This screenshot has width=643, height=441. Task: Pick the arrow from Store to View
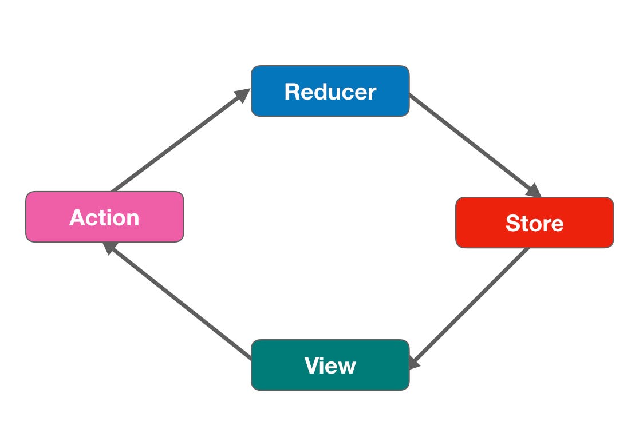470,306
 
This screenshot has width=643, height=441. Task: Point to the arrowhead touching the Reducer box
244,94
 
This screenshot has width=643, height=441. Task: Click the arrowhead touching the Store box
534,191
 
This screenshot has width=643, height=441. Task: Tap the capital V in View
313,365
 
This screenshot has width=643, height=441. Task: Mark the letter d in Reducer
321,92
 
